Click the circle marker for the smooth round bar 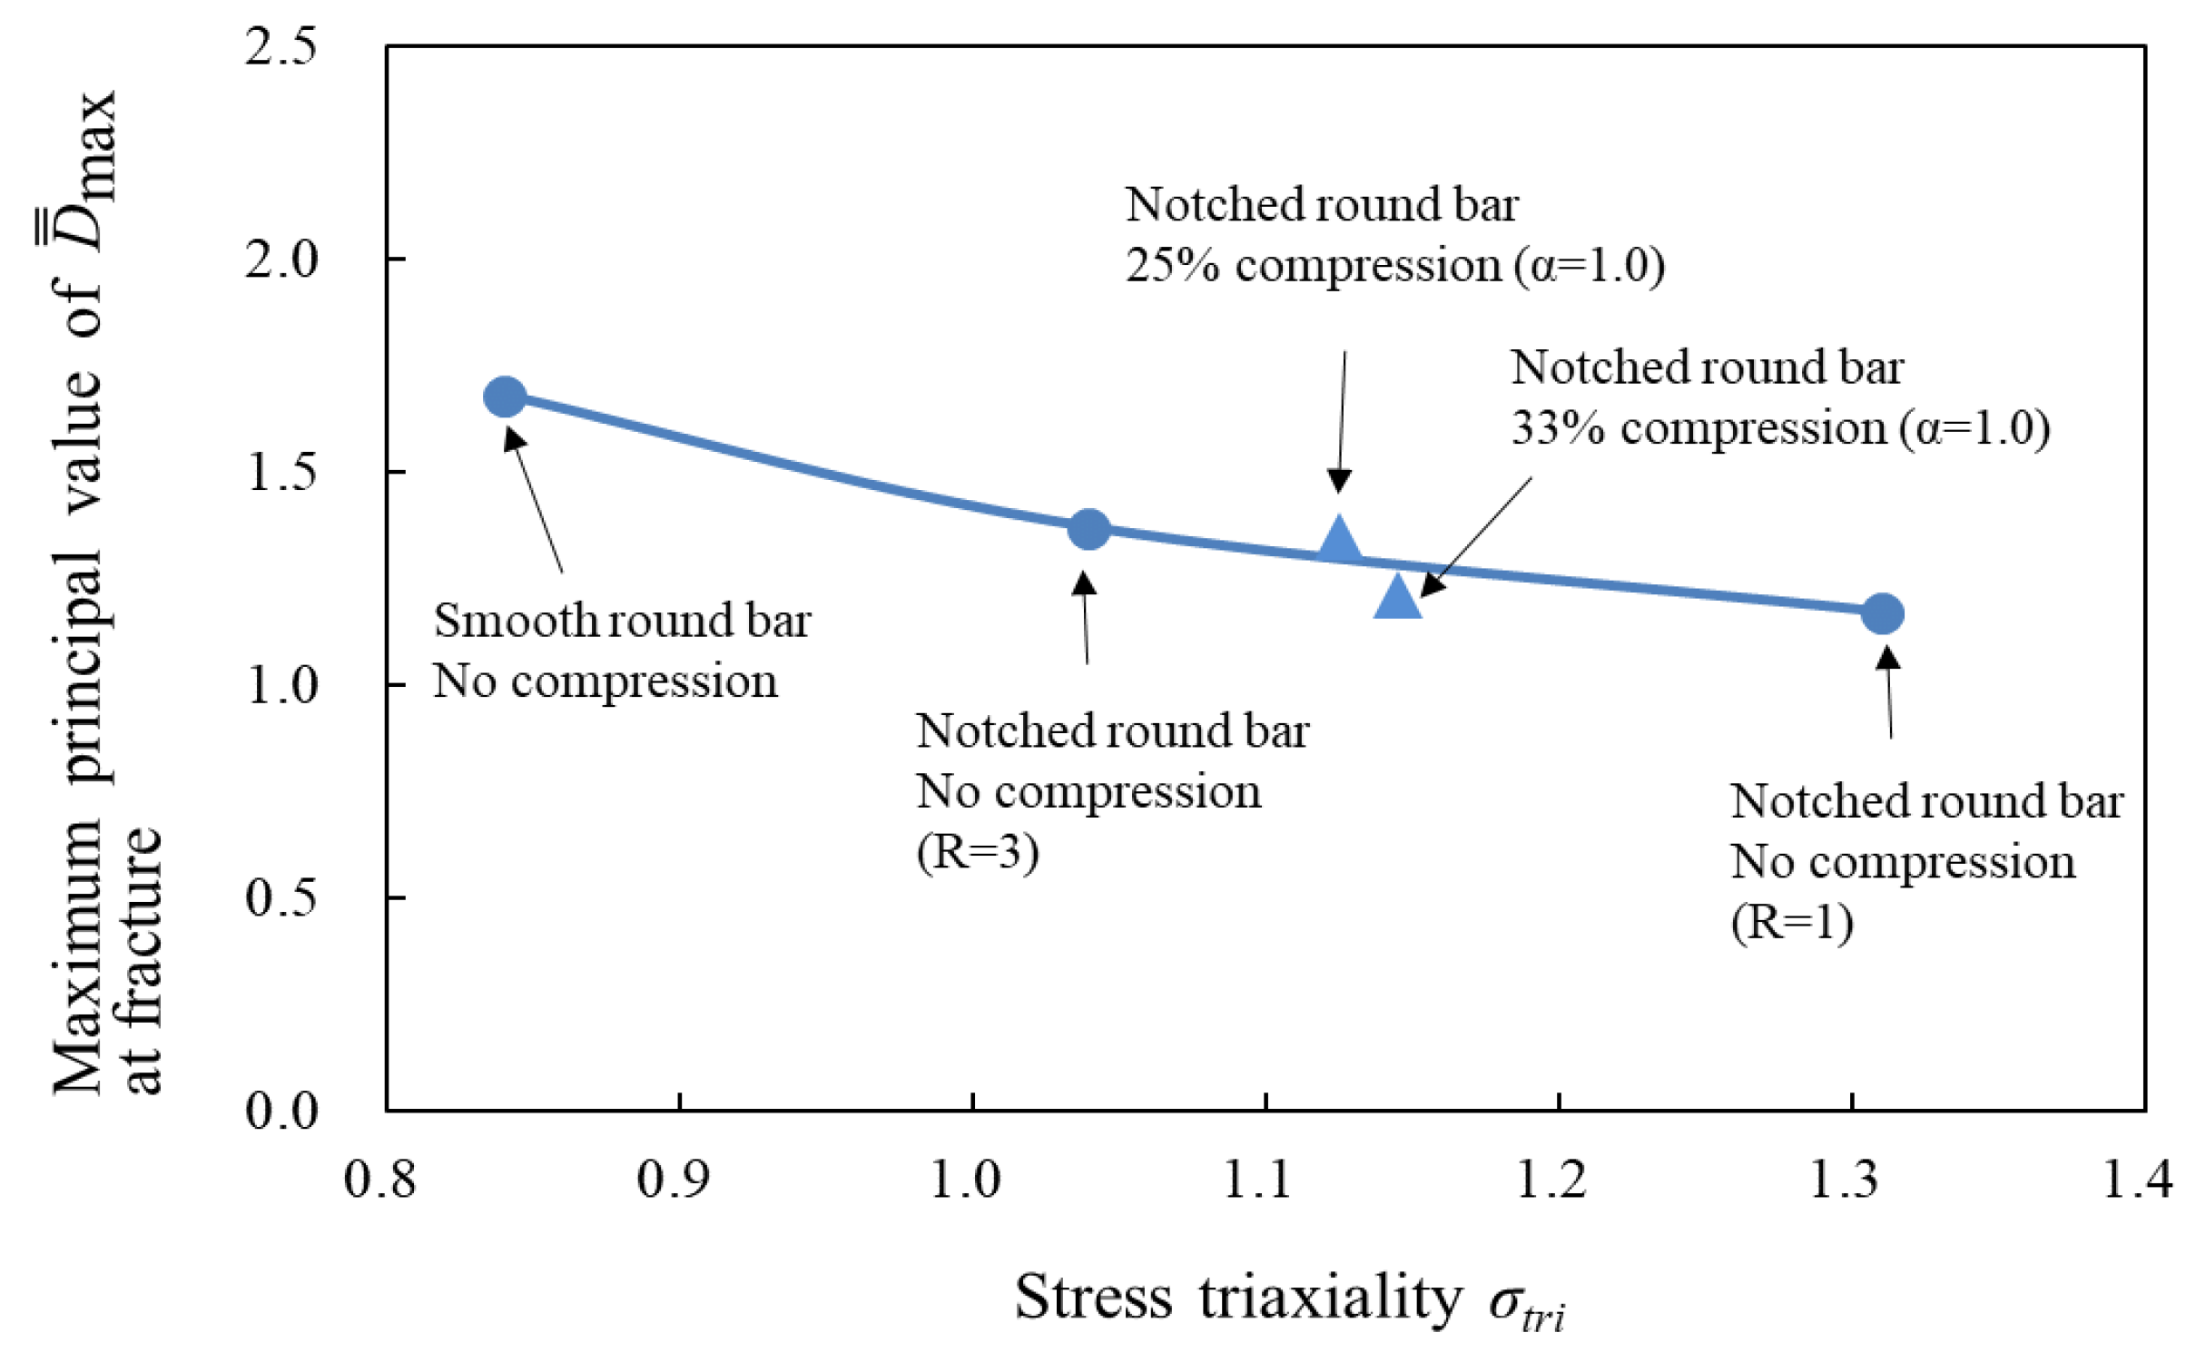(505, 397)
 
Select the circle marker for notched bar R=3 (1088, 529)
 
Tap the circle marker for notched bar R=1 (1882, 614)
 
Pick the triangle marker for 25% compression (1339, 542)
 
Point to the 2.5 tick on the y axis (281, 45)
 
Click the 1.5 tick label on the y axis (281, 472)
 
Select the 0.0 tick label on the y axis (281, 1110)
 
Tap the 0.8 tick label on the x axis (379, 1180)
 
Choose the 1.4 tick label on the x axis (2137, 1180)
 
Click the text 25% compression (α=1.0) (1394, 266)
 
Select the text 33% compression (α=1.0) (1779, 428)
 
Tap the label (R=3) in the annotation (977, 851)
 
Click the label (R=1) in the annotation (1791, 922)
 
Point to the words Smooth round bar (622, 621)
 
